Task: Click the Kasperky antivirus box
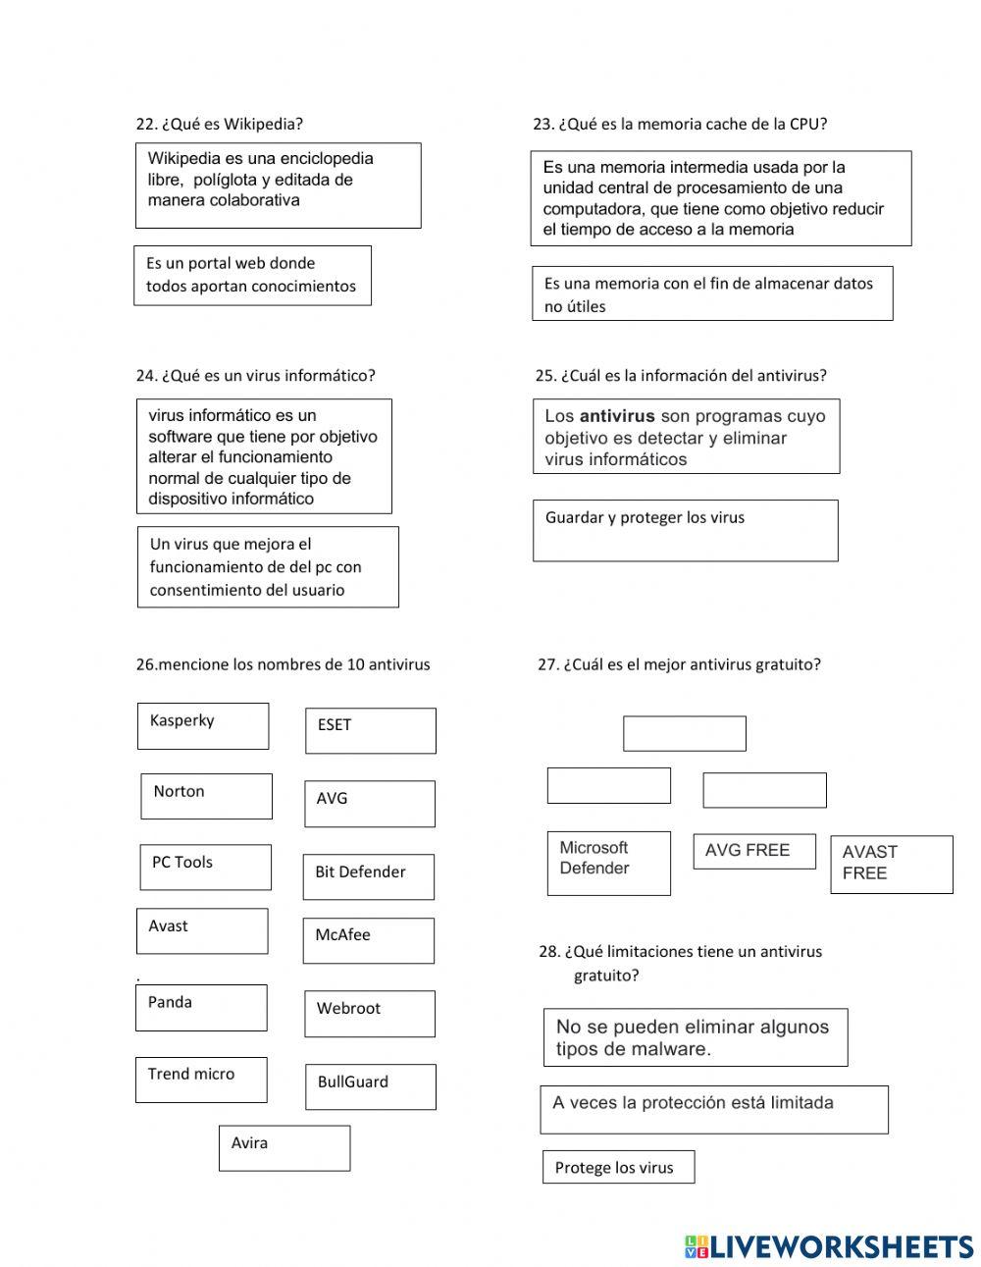(x=202, y=726)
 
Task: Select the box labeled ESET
(x=370, y=731)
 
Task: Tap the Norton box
(x=205, y=796)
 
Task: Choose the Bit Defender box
(x=368, y=876)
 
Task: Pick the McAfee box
(x=368, y=940)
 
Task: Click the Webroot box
(x=368, y=1013)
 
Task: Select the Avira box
(x=284, y=1147)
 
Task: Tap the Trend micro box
(x=200, y=1079)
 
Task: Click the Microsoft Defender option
(x=608, y=863)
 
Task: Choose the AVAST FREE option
(x=891, y=864)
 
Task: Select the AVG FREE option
(x=753, y=851)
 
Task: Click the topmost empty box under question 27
(x=684, y=733)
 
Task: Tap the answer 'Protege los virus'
(x=617, y=1167)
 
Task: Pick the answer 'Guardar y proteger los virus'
(x=685, y=530)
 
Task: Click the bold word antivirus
(x=616, y=416)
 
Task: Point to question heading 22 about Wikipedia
(x=219, y=124)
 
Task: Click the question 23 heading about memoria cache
(x=679, y=124)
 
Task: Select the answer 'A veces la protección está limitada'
(x=713, y=1109)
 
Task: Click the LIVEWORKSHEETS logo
(x=828, y=1246)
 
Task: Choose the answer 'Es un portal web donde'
(x=252, y=275)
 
